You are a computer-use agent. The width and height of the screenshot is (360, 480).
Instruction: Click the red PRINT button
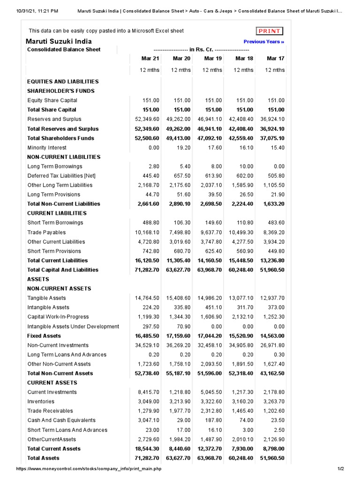pyautogui.click(x=270, y=31)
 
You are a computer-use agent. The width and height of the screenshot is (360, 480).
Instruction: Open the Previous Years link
pyautogui.click(x=264, y=42)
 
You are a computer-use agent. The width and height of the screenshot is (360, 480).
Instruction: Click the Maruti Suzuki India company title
pyautogui.click(x=59, y=41)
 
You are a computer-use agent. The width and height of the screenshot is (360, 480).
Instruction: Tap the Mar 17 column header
pyautogui.click(x=275, y=59)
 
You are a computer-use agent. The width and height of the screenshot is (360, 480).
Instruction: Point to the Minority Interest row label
pyautogui.click(x=47, y=148)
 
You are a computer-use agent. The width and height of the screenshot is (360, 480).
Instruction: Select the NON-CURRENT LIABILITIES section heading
pyautogui.click(x=64, y=157)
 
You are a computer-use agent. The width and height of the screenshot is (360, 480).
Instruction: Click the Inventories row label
pyautogui.click(x=41, y=402)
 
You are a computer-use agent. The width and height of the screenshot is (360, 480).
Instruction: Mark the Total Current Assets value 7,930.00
pyautogui.click(x=241, y=449)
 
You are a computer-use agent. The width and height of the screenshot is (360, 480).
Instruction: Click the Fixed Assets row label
pyautogui.click(x=44, y=336)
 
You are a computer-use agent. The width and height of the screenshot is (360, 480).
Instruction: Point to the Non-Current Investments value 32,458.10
pyautogui.click(x=210, y=345)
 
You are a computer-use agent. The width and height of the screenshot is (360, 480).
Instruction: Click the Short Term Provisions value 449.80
pyautogui.click(x=275, y=251)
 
